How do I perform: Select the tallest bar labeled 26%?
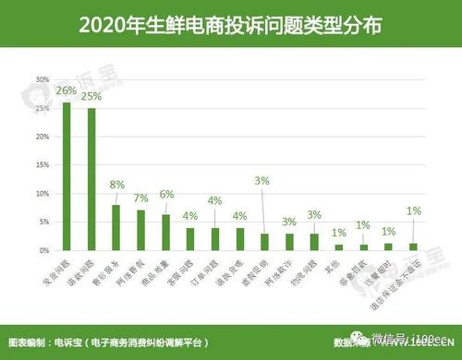(x=66, y=175)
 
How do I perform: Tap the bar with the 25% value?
(x=91, y=180)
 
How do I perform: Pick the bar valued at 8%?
(x=115, y=227)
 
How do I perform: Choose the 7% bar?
(x=140, y=230)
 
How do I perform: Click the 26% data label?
(x=66, y=90)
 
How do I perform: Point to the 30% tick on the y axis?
(x=41, y=80)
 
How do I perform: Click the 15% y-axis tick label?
(x=41, y=165)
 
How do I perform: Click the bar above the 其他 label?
(x=339, y=247)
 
